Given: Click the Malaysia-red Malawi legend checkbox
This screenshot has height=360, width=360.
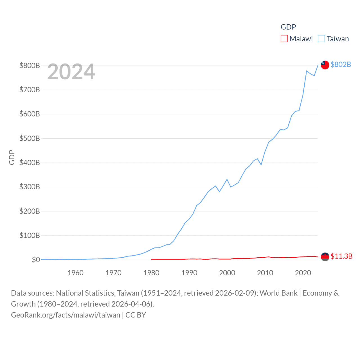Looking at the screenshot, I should click(x=284, y=39).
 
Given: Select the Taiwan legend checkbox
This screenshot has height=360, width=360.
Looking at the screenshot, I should click(x=321, y=39).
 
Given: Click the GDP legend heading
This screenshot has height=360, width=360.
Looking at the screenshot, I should click(x=288, y=27).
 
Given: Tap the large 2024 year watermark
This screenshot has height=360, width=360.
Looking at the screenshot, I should click(x=71, y=72).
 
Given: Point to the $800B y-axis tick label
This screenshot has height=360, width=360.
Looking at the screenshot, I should click(x=30, y=66).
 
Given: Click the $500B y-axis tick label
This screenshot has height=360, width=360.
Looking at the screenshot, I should click(x=30, y=138).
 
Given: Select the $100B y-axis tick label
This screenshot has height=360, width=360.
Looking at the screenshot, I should click(x=30, y=235).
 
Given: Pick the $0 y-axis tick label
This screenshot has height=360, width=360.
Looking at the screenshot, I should click(x=36, y=260).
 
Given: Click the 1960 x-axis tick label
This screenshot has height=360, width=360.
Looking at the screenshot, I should click(x=75, y=273).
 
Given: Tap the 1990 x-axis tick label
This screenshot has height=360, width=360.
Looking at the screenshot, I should click(x=189, y=273).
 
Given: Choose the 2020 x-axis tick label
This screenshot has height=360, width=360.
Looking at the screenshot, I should click(x=303, y=273).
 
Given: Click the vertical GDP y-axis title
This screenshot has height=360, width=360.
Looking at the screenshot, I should click(x=12, y=157).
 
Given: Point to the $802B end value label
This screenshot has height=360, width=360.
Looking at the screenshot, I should click(x=341, y=64).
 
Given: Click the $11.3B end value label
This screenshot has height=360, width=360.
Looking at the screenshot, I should click(x=341, y=256).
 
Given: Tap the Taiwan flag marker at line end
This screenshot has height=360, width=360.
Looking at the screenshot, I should click(x=325, y=65).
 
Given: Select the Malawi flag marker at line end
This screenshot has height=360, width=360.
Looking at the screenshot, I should click(x=325, y=256).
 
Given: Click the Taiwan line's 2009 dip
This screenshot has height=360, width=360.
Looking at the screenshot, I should click(x=261, y=165).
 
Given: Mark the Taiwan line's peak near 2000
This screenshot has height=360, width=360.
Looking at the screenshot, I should click(x=227, y=179).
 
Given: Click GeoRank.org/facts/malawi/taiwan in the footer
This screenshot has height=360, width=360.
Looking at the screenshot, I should click(x=66, y=315).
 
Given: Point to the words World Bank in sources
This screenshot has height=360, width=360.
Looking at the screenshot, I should click(x=278, y=293).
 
